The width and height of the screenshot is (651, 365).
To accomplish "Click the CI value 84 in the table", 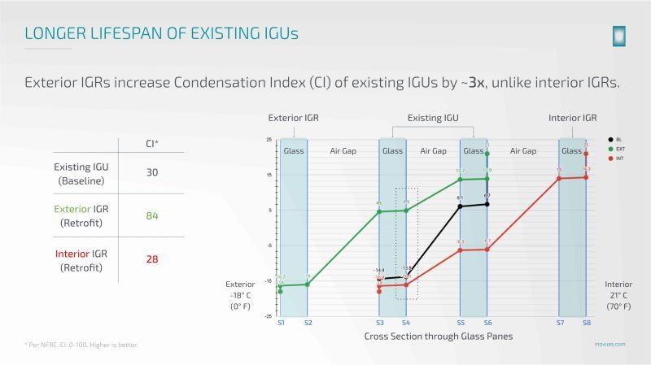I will point(151,215).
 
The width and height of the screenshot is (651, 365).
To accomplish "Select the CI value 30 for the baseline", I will point(151,172).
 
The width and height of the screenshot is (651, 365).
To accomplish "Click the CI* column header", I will point(151,144).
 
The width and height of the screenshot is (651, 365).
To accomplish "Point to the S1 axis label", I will point(280,323).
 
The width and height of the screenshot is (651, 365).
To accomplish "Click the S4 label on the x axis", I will point(406,323).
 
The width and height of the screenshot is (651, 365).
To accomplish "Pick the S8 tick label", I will point(586,323).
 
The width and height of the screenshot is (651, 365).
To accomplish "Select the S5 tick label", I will point(461,323).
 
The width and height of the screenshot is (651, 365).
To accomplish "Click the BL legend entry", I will point(619,141).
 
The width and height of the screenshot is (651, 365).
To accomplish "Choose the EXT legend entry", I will point(619,149).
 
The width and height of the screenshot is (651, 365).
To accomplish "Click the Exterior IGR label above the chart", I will point(293,118).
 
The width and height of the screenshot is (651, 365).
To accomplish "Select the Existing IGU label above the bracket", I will point(433,118).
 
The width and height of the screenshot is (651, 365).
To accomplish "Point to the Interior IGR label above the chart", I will point(573,118).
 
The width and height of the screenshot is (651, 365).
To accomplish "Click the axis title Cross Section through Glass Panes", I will point(432,336).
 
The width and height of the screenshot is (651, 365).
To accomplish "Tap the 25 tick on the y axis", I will point(269,140).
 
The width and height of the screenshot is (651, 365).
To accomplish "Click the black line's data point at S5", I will point(461,206).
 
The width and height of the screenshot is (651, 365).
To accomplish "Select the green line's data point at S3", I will point(379,212).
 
